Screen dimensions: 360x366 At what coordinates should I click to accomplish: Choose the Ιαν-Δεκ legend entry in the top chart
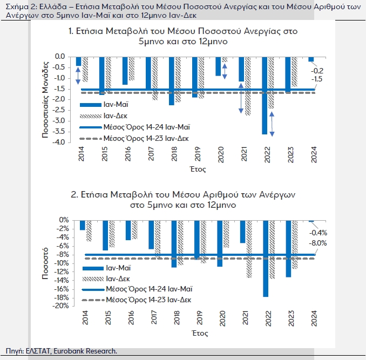(x=114, y=116)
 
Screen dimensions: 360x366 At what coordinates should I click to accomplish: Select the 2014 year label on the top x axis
(x=81, y=153)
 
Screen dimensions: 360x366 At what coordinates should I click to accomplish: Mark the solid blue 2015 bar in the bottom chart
(x=105, y=235)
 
